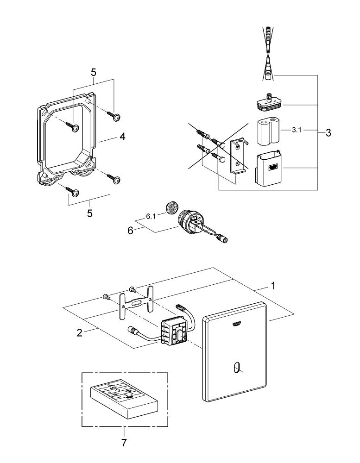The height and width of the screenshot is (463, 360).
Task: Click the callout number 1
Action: coord(273,286)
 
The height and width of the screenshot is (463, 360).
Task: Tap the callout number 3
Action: coord(328,133)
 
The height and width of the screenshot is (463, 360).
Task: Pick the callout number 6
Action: coord(131,230)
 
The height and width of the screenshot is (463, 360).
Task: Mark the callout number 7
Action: coord(124,443)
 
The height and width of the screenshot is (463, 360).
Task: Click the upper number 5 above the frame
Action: coord(94,73)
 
